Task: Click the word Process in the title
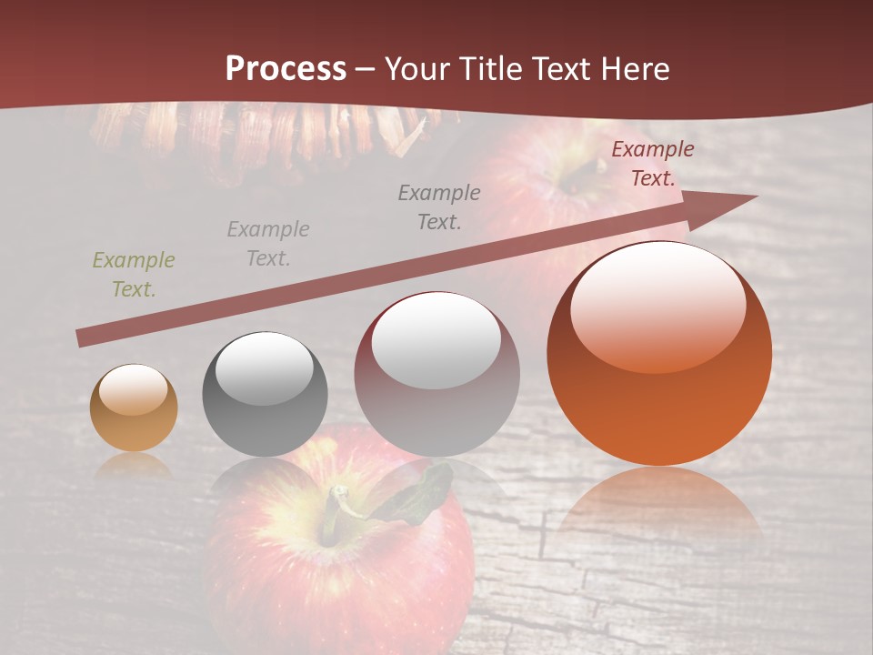pos(286,69)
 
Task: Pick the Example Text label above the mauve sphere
pos(439,207)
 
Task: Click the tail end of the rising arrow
pos(84,338)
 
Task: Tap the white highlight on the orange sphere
pos(657,305)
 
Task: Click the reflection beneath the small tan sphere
pos(134,466)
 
